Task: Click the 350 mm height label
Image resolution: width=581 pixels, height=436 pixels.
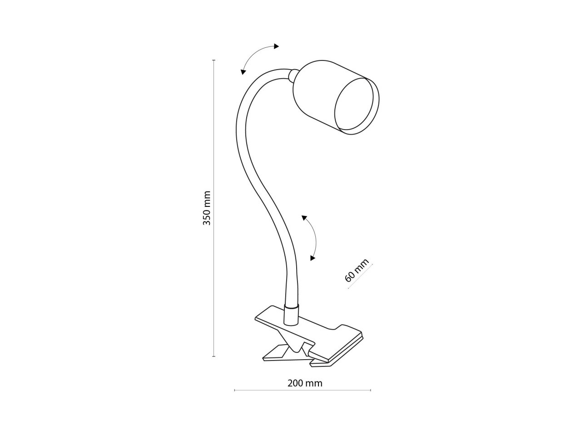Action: [x=207, y=208]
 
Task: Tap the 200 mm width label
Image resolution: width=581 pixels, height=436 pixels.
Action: [x=305, y=383]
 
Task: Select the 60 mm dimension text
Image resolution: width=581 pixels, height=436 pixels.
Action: [x=357, y=270]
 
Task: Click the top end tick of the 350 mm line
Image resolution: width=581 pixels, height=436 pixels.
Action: [x=214, y=60]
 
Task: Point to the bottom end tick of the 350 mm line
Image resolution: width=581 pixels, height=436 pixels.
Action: [x=214, y=356]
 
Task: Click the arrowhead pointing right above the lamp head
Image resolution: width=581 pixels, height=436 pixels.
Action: [x=276, y=46]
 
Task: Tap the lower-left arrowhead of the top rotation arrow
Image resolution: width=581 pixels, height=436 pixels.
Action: [x=243, y=71]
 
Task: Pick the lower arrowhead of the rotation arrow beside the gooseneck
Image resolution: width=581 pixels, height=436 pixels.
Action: [x=313, y=258]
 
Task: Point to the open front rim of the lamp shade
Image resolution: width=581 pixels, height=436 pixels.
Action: [x=357, y=106]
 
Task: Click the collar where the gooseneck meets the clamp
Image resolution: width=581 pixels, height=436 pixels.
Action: [x=291, y=315]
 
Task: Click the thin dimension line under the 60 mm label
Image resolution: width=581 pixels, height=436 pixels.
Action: [x=360, y=276]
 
